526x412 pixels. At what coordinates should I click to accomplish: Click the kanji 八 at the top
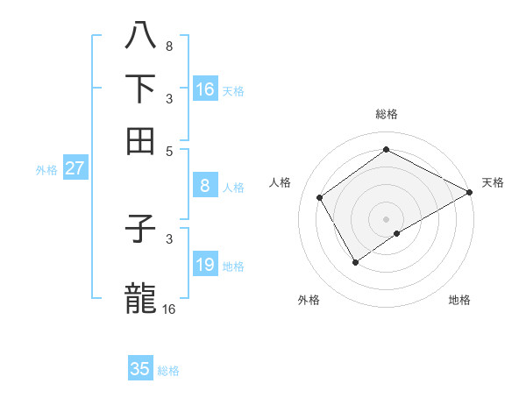coord(141,34)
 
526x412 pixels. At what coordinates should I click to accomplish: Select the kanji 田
coord(141,140)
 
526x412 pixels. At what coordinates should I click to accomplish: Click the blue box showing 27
coord(75,168)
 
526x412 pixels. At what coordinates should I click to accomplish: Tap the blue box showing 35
coord(140,369)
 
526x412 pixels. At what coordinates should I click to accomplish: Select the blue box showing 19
coord(204,265)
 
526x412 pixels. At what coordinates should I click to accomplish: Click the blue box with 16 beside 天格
coord(204,89)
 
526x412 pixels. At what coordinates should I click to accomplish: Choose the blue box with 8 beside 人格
coord(204,186)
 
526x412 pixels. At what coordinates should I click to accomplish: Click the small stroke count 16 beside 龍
coord(168,309)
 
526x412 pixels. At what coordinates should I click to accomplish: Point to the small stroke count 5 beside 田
coord(169,151)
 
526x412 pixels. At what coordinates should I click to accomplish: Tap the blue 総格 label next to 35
coord(168,371)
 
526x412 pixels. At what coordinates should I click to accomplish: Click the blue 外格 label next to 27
coord(46,170)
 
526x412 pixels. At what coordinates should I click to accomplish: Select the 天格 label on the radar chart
coord(493,182)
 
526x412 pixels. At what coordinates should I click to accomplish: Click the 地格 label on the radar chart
coord(459,300)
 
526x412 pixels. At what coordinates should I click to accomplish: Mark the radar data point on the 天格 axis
coord(470,193)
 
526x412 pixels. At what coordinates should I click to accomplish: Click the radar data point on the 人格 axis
coord(320,197)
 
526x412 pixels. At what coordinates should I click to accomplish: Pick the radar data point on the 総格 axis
coord(386,150)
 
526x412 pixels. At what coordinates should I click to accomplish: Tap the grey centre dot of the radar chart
coord(386,218)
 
